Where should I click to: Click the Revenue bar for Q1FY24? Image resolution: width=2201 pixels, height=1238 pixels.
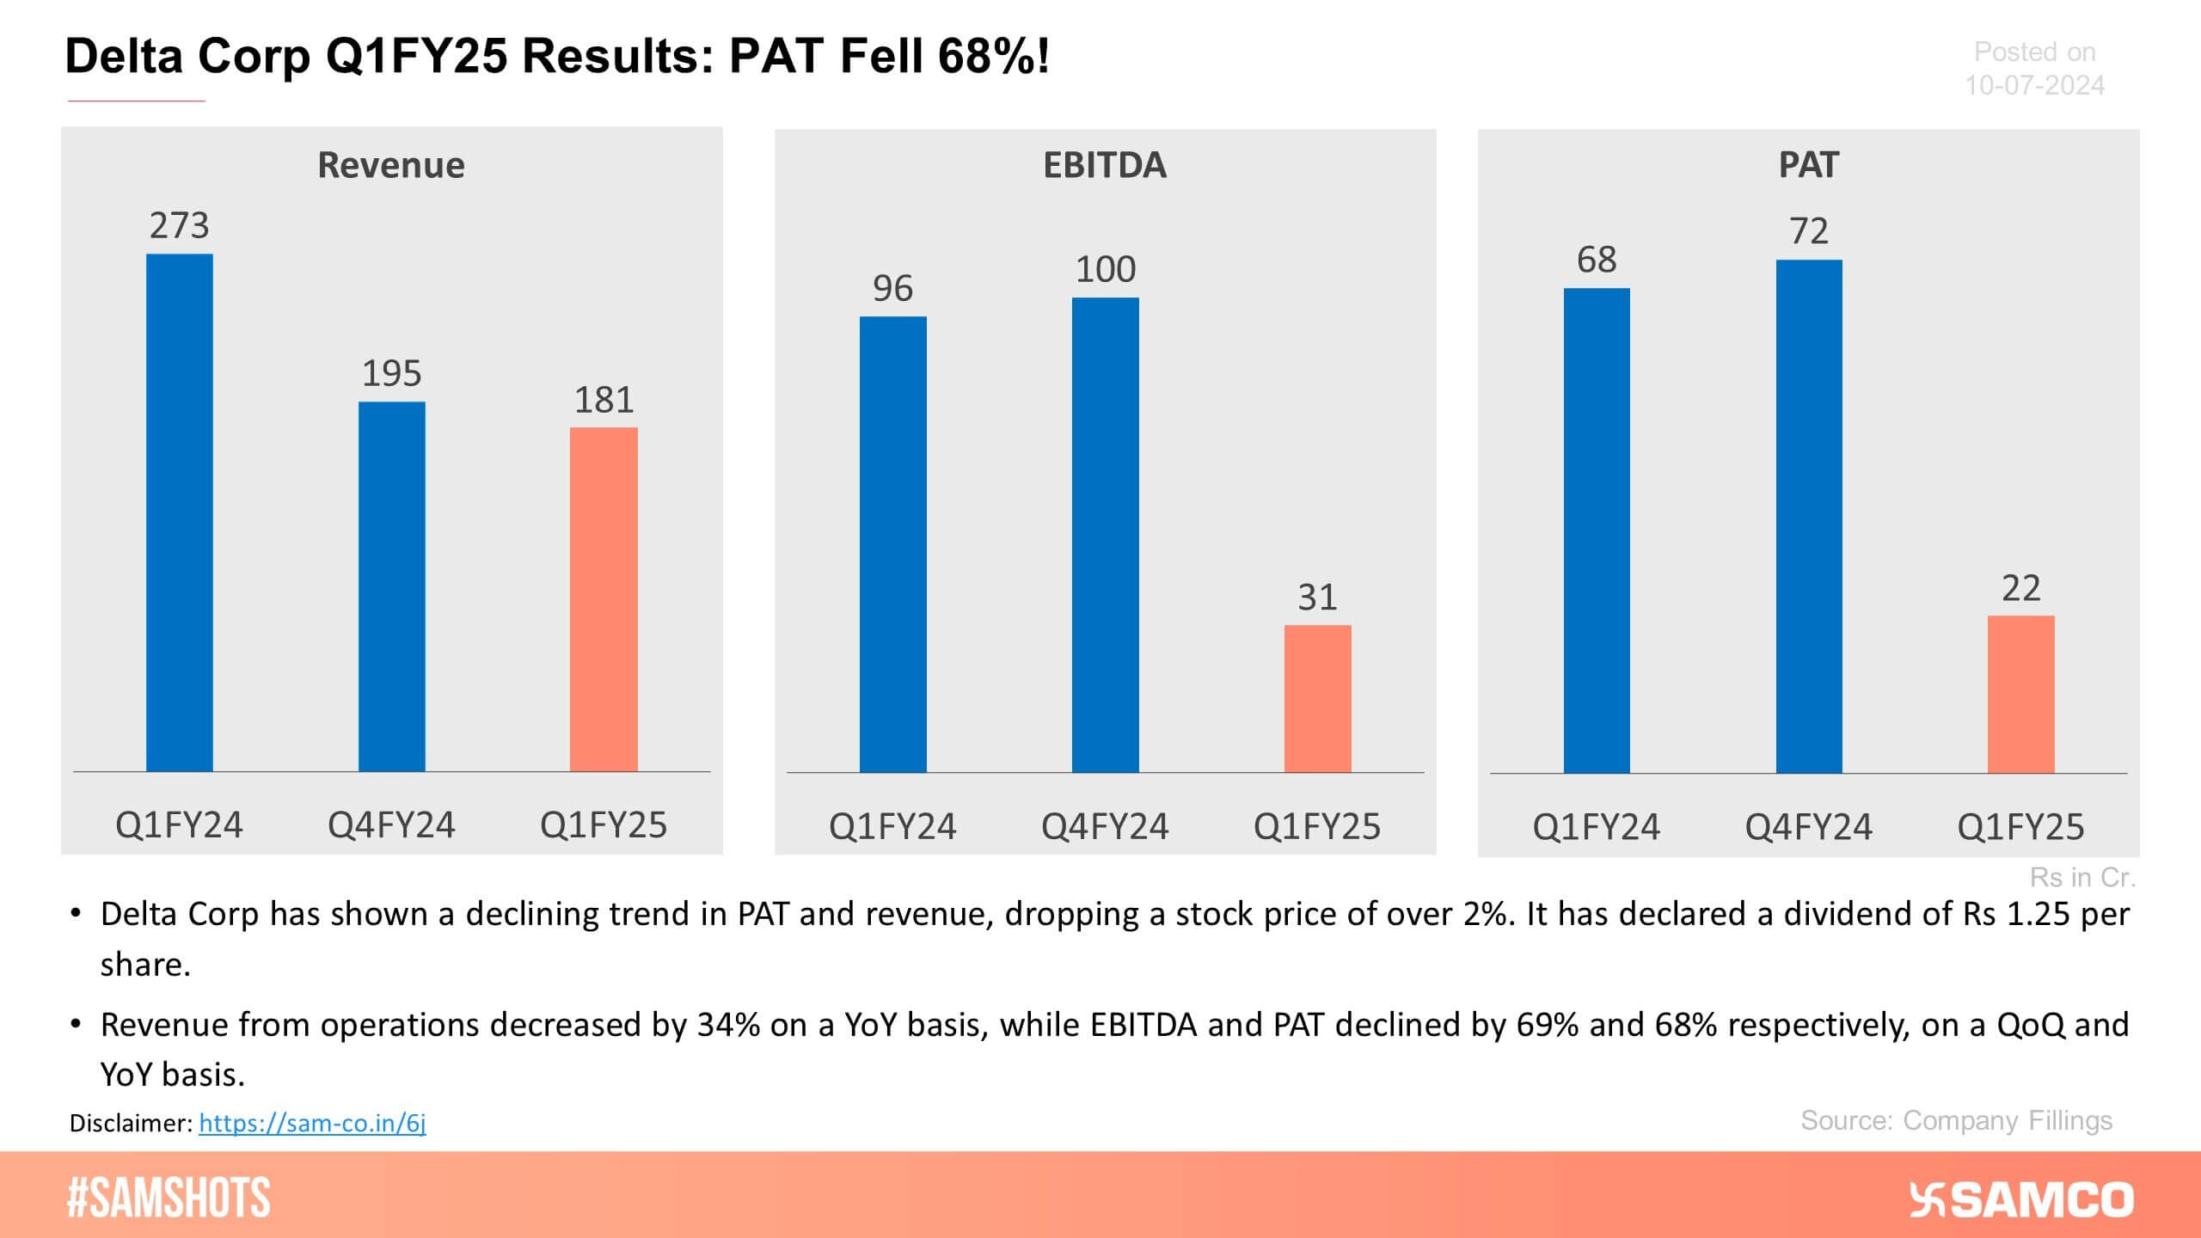point(179,512)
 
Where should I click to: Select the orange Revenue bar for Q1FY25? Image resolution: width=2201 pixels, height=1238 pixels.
point(604,599)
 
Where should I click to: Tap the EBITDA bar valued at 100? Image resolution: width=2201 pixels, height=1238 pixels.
point(1105,535)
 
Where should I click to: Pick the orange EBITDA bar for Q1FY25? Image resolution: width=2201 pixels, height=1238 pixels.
point(1317,698)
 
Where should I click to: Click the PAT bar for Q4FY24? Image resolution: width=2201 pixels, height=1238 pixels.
point(1808,516)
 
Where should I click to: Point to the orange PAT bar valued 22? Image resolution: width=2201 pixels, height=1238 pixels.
point(2020,694)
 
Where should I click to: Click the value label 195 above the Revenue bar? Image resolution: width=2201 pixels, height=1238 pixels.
point(391,373)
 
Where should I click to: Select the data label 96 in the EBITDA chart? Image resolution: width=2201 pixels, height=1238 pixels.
point(892,288)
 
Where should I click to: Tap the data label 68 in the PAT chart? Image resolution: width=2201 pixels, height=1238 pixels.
point(1596,260)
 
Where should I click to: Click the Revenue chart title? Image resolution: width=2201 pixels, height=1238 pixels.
point(391,165)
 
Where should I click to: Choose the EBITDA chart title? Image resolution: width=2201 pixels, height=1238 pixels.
point(1105,165)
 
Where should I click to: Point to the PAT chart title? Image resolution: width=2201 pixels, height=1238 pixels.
point(1808,165)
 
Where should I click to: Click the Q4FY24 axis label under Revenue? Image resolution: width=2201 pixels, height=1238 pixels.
point(391,825)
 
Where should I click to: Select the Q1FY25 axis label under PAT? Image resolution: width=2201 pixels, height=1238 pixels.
point(2020,827)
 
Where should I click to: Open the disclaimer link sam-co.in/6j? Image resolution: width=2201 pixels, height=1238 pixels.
point(312,1123)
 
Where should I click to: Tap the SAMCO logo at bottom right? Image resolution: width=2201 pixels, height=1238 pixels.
point(2021,1199)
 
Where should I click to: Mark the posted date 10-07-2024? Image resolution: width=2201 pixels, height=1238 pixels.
point(2034,85)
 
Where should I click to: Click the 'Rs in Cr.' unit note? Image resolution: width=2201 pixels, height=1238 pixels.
point(2082,877)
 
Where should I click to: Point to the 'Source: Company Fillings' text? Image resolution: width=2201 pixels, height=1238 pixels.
point(1956,1120)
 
